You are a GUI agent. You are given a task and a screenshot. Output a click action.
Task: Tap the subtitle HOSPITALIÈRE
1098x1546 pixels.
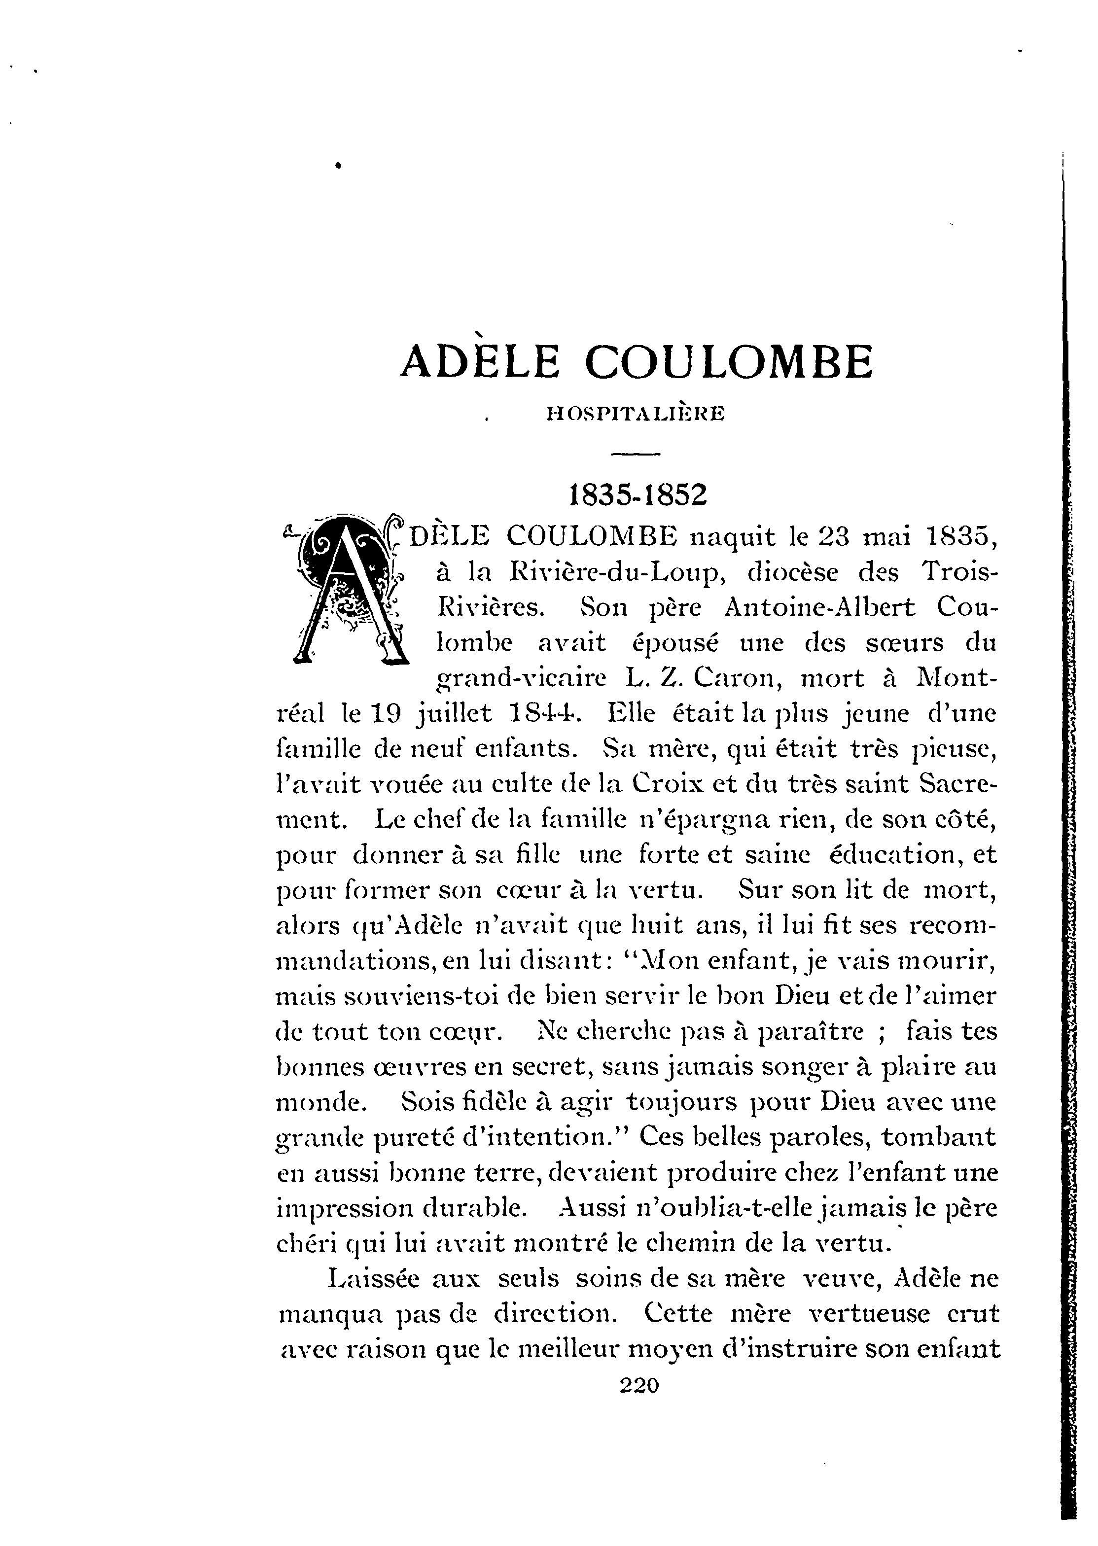point(635,413)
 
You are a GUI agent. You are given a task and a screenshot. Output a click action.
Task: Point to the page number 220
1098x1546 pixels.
point(638,1385)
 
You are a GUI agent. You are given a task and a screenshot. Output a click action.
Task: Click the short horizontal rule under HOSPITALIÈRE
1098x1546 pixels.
point(635,454)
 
